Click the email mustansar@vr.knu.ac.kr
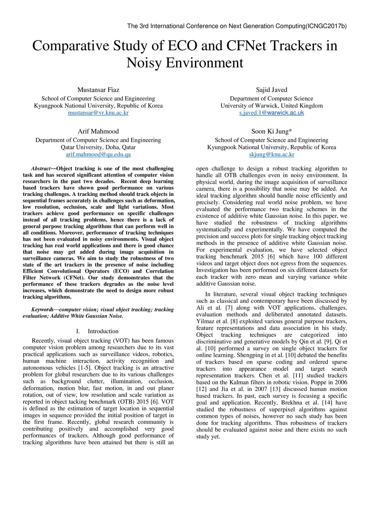[x=98, y=113]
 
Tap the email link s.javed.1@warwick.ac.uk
[x=272, y=113]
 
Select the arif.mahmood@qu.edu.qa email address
[x=98, y=154]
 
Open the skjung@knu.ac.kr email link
[x=272, y=154]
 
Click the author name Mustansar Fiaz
[x=98, y=90]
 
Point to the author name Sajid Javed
[x=272, y=90]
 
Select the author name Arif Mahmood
[x=98, y=131]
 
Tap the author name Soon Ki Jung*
[x=272, y=131]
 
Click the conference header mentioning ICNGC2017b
[x=237, y=26]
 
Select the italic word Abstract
[x=40, y=168]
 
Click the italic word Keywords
[x=42, y=310]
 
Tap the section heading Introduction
[x=103, y=331]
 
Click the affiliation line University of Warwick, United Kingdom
[x=272, y=106]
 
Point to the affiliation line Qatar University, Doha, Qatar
[x=98, y=147]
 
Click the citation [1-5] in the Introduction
[x=85, y=368]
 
